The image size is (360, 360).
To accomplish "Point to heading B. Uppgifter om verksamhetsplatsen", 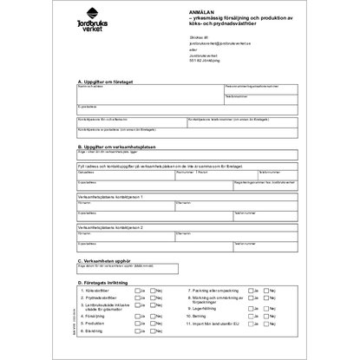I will pos(120,147).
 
